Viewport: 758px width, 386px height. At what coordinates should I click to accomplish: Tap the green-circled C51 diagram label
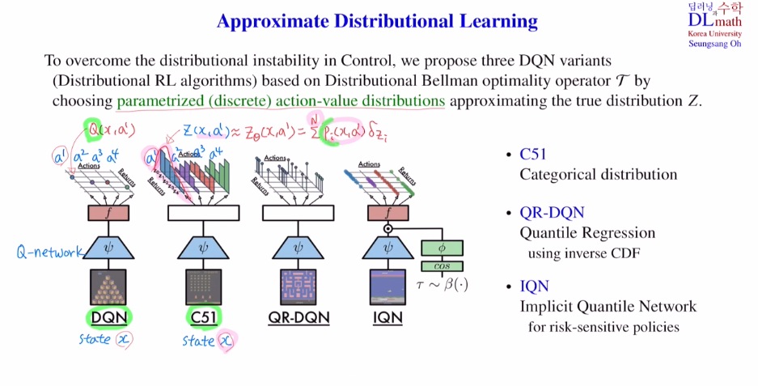(202, 316)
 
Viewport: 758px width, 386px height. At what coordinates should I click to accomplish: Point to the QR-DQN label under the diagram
(299, 316)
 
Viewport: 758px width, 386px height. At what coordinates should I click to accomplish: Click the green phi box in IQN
(441, 248)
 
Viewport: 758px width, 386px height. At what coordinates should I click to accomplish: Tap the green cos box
(441, 266)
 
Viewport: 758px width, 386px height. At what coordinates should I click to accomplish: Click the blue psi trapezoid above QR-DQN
(299, 248)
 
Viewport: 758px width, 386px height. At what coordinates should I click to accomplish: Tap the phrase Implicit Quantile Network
(608, 307)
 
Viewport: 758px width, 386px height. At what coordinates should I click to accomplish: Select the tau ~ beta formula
(442, 284)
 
